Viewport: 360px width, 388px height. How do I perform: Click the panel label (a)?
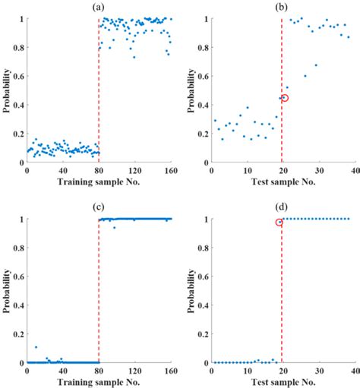[x=98, y=7]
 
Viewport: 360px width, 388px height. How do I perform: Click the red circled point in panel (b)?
[x=285, y=98]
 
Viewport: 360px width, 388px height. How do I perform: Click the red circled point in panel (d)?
[x=279, y=222]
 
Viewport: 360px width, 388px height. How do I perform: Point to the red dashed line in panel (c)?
[x=99, y=304]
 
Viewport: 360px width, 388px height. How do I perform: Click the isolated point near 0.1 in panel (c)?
[x=35, y=347]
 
